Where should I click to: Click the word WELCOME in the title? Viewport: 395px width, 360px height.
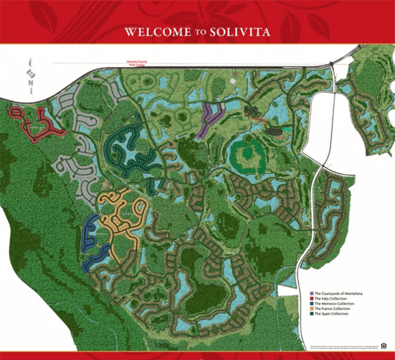pos(150,32)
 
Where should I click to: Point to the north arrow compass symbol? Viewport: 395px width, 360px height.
pos(29,74)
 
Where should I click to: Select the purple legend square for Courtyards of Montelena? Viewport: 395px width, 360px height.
pos(311,293)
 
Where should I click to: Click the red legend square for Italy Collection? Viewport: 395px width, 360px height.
pos(311,298)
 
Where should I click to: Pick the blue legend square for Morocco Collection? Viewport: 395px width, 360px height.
pos(311,303)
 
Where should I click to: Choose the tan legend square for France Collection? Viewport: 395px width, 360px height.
pos(311,308)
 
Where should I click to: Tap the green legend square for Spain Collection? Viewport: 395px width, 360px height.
pos(311,314)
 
